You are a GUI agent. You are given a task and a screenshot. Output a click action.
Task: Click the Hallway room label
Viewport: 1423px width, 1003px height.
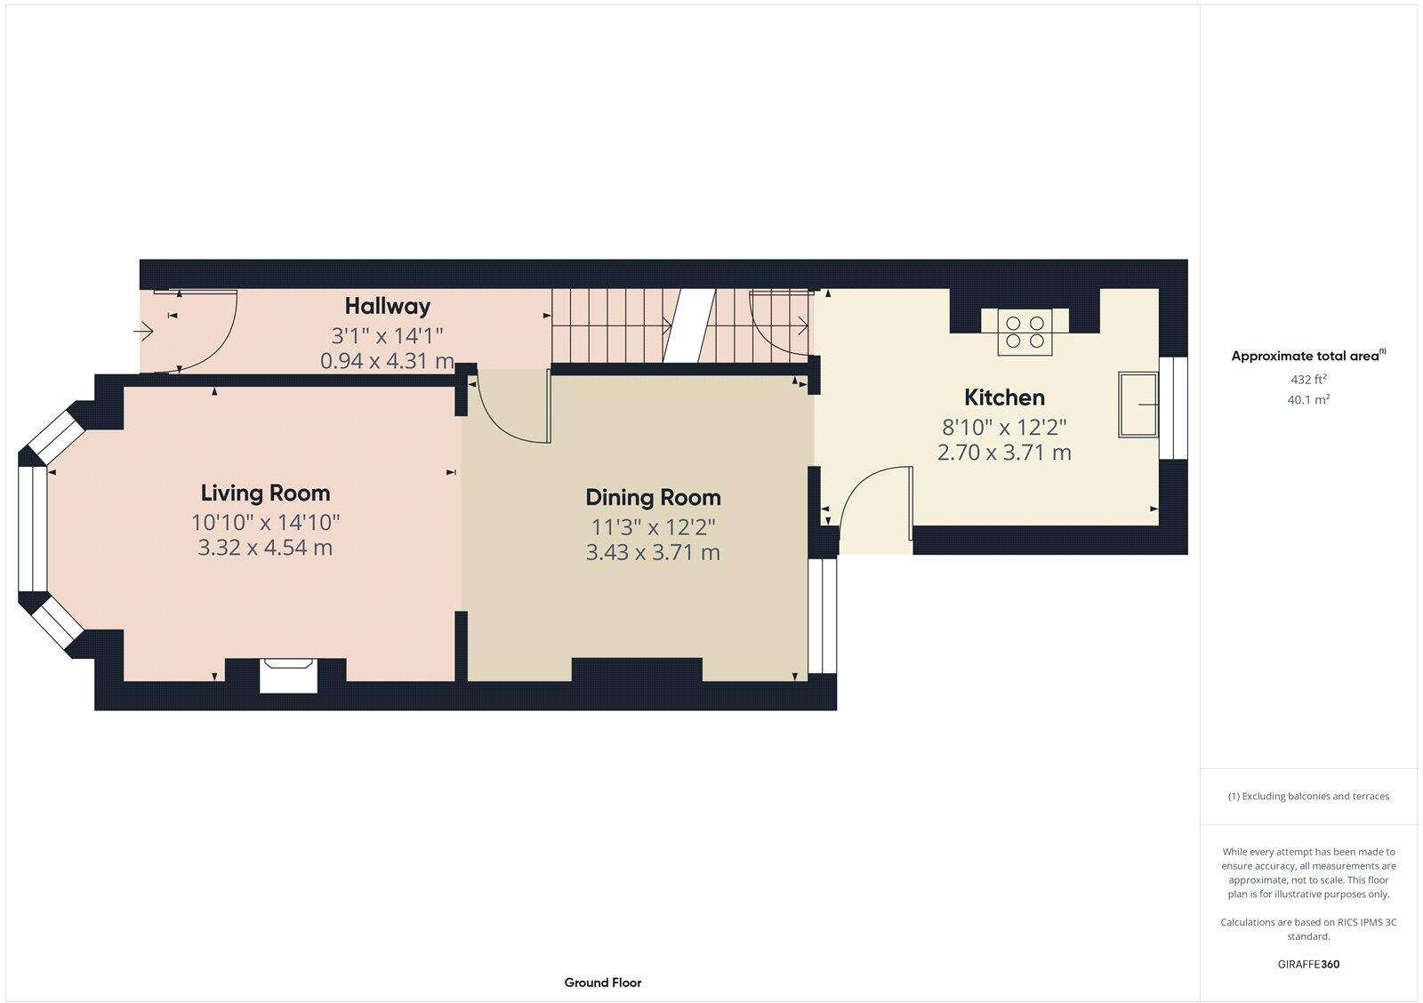[x=388, y=306]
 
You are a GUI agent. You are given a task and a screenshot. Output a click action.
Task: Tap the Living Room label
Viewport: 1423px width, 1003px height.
[x=265, y=493]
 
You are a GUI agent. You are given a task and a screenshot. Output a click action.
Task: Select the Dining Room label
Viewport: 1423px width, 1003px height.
[x=653, y=497]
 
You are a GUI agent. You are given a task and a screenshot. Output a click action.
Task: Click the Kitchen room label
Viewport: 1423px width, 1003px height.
[x=1004, y=397]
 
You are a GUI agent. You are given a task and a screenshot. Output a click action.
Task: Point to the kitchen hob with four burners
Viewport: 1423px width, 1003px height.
[x=1025, y=331]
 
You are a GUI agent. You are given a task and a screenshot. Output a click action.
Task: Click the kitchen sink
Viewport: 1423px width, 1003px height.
[x=1138, y=405]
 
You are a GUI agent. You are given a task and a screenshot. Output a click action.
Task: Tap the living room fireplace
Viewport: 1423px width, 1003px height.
[x=288, y=675]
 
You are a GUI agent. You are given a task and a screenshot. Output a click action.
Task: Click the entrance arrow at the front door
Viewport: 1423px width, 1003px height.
[x=143, y=332]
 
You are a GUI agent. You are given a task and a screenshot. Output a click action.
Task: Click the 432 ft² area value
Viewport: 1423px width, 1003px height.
[x=1308, y=380]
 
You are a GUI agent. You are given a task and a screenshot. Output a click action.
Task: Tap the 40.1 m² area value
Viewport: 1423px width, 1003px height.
[x=1308, y=400]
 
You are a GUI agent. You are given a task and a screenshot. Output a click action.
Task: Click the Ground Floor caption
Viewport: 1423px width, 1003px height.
[x=602, y=983]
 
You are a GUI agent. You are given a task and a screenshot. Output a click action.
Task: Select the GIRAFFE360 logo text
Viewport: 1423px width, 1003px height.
[x=1308, y=964]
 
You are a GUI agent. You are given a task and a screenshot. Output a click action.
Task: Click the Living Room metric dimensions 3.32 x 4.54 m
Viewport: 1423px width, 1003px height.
[x=265, y=548]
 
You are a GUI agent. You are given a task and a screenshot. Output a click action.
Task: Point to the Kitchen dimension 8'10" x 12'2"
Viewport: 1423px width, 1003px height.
[x=1004, y=426]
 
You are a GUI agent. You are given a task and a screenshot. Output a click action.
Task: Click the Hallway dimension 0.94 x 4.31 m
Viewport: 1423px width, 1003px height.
[x=387, y=361]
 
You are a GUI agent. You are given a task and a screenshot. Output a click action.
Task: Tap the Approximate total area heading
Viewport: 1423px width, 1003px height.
[x=1305, y=357]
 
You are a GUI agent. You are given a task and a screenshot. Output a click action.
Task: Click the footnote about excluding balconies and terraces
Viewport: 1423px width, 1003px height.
[x=1308, y=797]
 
